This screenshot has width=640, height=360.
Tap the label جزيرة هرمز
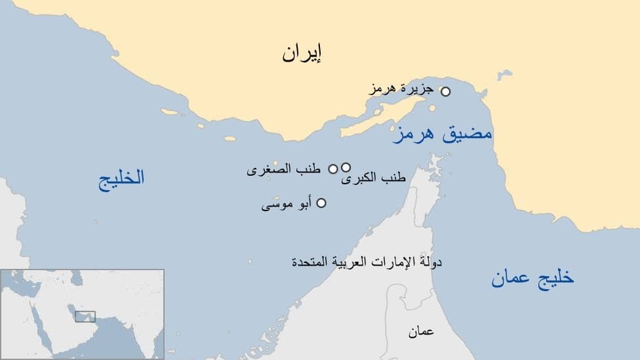[x=401, y=90]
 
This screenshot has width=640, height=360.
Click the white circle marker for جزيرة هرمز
[x=445, y=92]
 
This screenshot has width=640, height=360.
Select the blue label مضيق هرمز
[x=443, y=134]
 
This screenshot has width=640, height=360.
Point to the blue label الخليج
[x=121, y=178]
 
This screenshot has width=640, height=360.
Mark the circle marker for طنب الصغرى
[x=332, y=169]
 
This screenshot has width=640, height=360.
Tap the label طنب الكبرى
[x=374, y=178]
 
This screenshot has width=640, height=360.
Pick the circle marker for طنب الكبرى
[x=346, y=167]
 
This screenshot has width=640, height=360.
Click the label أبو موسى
[x=286, y=205]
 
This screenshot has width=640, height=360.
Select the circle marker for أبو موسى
[x=321, y=203]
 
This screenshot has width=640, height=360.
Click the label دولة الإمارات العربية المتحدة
[x=367, y=262]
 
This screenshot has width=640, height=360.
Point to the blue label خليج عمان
[x=532, y=278]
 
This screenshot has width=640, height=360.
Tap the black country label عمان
[x=421, y=332]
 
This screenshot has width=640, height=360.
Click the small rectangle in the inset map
[x=85, y=316]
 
